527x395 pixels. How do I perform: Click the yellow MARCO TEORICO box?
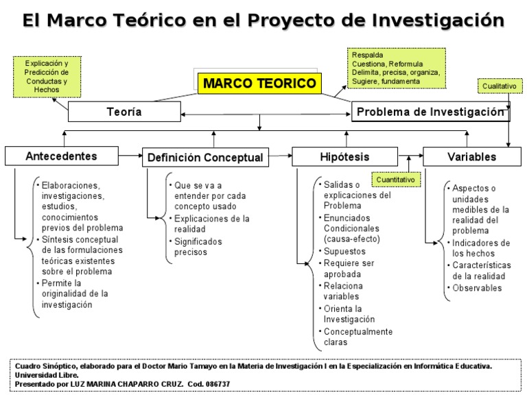point(260,84)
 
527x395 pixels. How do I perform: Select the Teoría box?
point(124,112)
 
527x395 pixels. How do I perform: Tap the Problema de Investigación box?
point(430,112)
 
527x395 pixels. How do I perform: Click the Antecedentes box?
point(61,156)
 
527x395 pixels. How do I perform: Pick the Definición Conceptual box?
point(204,157)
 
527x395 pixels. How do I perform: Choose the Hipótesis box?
point(344,156)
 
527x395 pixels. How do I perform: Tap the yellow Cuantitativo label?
point(395,180)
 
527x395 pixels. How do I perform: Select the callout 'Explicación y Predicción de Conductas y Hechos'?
point(46,76)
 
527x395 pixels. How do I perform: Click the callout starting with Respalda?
point(396,68)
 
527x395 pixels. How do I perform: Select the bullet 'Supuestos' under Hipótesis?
point(344,252)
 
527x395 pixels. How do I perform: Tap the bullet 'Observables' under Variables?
point(477,288)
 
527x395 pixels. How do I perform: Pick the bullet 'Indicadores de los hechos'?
point(480,248)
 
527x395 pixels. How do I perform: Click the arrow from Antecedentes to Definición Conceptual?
point(130,156)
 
